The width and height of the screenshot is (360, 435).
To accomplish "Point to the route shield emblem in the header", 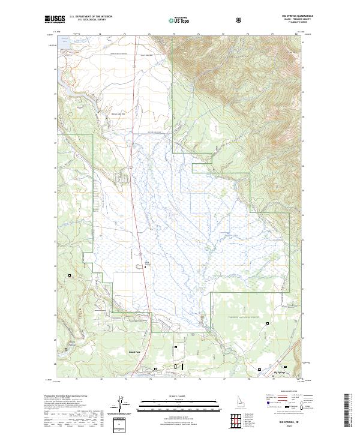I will point(240,20).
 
